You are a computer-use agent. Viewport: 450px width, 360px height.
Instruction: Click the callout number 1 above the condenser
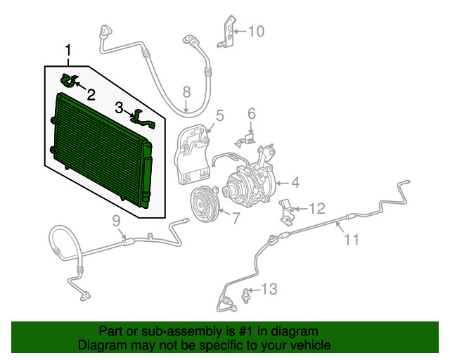click(68, 51)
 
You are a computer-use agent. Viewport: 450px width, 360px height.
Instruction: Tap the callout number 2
click(91, 95)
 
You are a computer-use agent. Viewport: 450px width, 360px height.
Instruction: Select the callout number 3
click(119, 108)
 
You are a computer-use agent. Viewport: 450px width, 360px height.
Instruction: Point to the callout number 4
click(295, 183)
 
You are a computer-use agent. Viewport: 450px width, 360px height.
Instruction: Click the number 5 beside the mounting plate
click(219, 115)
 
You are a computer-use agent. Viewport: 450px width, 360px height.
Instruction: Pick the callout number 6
click(252, 114)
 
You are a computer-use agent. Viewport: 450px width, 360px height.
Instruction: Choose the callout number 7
click(236, 218)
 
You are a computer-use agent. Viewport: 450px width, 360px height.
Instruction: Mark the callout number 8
click(186, 92)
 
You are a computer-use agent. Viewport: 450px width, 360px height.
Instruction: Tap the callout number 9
click(116, 221)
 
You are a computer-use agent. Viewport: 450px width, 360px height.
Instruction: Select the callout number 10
click(256, 32)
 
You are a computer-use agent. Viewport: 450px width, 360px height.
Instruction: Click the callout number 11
click(352, 240)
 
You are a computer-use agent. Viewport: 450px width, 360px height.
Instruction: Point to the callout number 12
click(317, 208)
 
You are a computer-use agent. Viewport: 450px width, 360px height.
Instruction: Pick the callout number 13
click(269, 289)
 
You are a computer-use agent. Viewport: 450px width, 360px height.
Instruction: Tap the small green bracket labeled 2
click(68, 80)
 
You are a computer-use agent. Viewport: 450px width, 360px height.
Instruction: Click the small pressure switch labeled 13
click(245, 295)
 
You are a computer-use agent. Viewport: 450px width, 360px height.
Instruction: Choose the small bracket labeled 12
click(286, 212)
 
